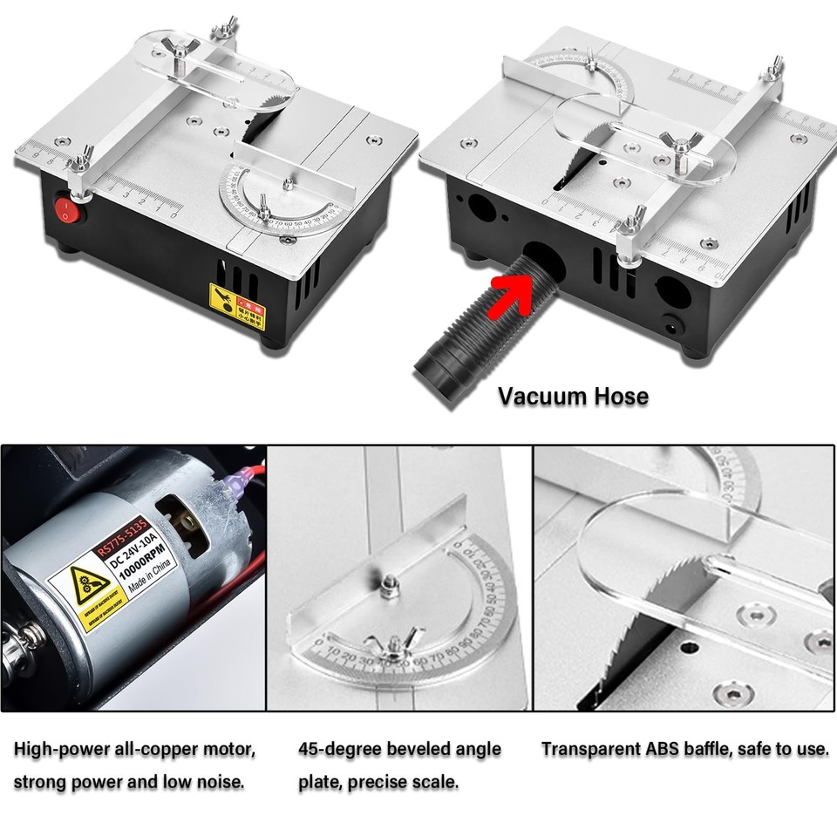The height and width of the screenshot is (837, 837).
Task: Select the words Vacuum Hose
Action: point(573,397)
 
